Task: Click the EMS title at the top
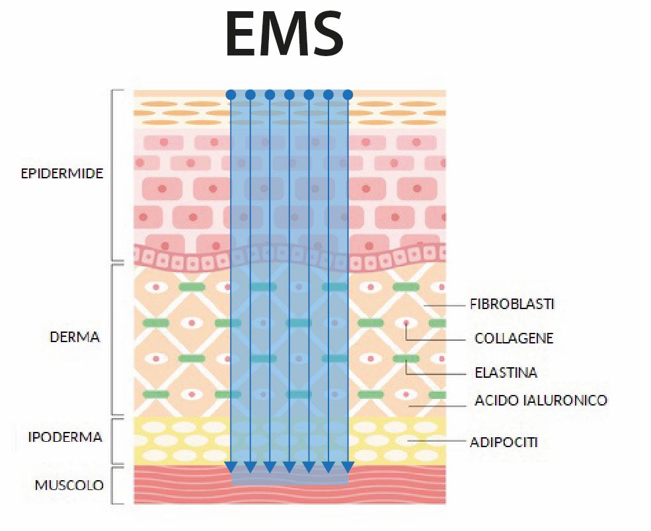(284, 34)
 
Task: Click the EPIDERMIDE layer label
(62, 174)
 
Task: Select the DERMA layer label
(75, 337)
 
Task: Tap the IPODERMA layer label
(65, 437)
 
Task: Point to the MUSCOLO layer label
(69, 485)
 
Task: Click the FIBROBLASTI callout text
(512, 304)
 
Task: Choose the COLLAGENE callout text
(514, 339)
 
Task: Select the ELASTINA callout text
(506, 372)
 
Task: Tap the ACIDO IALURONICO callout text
(541, 400)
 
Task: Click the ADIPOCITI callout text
(503, 442)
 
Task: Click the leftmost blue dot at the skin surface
(231, 95)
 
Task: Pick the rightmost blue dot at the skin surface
(348, 95)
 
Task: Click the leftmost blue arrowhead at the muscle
(231, 468)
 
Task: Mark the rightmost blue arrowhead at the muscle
(348, 468)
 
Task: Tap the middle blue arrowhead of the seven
(289, 468)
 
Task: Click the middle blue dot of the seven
(289, 95)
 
